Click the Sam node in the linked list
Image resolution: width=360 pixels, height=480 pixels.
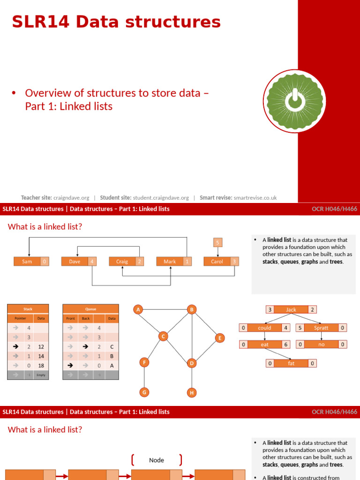pyautogui.click(x=27, y=262)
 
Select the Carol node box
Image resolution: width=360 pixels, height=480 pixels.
pyautogui.click(x=217, y=262)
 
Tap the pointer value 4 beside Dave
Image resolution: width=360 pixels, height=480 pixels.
pyautogui.click(x=92, y=262)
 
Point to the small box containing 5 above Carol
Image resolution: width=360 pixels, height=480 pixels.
pyautogui.click(x=217, y=242)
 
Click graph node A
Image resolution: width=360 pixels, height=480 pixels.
pyautogui.click(x=138, y=309)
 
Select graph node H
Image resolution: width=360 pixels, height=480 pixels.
pyautogui.click(x=191, y=392)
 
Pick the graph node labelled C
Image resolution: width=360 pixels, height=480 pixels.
pyautogui.click(x=163, y=336)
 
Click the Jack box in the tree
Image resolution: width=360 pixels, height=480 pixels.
pyautogui.click(x=291, y=309)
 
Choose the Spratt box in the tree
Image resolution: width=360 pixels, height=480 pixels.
pyautogui.click(x=321, y=328)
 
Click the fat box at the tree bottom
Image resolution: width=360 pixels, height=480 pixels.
pyautogui.click(x=291, y=363)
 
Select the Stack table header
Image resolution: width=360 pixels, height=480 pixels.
pyautogui.click(x=28, y=309)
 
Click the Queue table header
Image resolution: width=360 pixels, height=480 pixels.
pyautogui.click(x=90, y=309)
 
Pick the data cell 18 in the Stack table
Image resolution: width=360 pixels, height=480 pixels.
pyautogui.click(x=41, y=365)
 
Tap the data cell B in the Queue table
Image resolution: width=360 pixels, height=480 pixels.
pyautogui.click(x=112, y=356)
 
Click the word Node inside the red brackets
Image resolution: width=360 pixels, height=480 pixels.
pyautogui.click(x=157, y=460)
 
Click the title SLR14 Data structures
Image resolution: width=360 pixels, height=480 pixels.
pyautogui.click(x=116, y=22)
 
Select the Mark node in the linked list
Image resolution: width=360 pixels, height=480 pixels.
pyautogui.click(x=169, y=262)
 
